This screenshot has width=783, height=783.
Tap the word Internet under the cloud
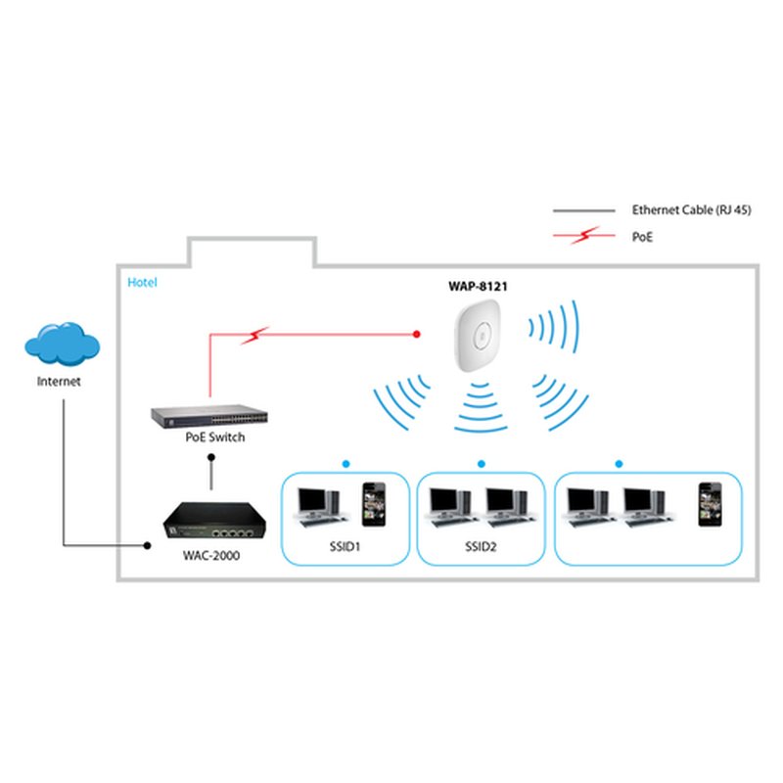pos(59,382)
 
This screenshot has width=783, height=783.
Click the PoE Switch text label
pos(214,438)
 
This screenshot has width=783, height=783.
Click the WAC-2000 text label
pos(210,555)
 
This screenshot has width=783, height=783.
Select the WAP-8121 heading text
pos(478,287)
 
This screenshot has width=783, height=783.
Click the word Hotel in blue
pos(142,283)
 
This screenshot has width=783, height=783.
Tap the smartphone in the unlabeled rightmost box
pos(708,504)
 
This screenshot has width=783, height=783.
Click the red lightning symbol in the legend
pos(587,236)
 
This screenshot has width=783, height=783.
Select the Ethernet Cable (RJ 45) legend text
pos(691,210)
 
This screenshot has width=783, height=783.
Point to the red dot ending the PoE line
pos(417,335)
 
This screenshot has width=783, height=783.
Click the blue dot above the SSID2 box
pos(482,463)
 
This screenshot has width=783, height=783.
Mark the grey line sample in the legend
pos(581,210)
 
